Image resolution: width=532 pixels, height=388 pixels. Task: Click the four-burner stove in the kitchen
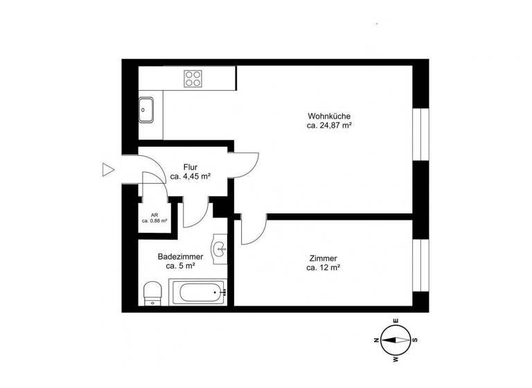click(x=193, y=79)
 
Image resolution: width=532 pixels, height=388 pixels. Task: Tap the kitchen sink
click(x=146, y=109)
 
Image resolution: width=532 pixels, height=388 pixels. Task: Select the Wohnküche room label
click(x=330, y=116)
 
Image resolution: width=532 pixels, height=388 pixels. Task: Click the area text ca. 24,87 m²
click(x=330, y=126)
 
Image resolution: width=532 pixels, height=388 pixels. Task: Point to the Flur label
click(x=190, y=167)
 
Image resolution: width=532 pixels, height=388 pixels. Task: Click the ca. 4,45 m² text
click(x=190, y=177)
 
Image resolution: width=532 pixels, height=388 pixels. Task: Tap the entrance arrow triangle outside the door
click(x=107, y=170)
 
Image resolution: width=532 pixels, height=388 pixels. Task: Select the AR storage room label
click(x=154, y=215)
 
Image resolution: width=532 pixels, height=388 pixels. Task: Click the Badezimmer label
click(x=180, y=256)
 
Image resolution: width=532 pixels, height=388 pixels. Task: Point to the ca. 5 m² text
click(x=180, y=265)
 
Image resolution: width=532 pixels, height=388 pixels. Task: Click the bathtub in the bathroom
click(x=199, y=292)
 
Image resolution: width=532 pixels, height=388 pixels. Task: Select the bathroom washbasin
click(x=221, y=249)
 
